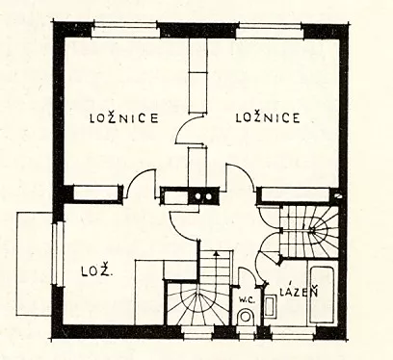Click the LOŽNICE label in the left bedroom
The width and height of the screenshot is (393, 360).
point(124,117)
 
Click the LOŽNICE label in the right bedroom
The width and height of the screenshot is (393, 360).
point(268,117)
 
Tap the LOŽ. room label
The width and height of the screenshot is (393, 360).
point(96,272)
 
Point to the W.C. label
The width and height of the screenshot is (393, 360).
point(247,300)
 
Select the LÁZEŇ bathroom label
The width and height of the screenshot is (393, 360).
point(299,291)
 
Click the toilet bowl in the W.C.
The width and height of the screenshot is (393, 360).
point(246,317)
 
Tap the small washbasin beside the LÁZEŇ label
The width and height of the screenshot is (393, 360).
point(270,307)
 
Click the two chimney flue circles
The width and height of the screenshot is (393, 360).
point(203,196)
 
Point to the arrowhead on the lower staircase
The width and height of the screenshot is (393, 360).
point(217,253)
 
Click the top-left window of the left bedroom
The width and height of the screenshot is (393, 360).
point(125,29)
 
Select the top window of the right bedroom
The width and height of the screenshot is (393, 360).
point(270,29)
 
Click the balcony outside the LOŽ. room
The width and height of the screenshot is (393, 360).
point(34,264)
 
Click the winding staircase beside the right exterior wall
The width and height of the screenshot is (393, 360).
point(309,231)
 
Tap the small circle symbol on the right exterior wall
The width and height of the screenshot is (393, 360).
point(338,195)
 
